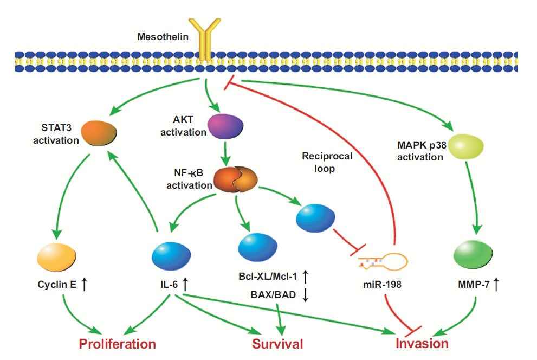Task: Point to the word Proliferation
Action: (118, 344)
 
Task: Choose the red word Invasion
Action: (422, 344)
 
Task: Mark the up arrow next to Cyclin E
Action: (84, 282)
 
